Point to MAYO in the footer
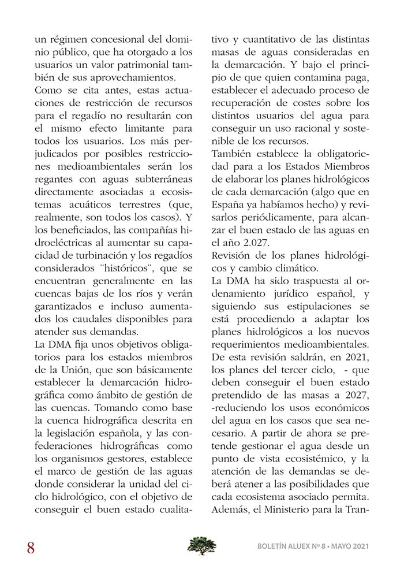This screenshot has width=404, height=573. tap(334, 546)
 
